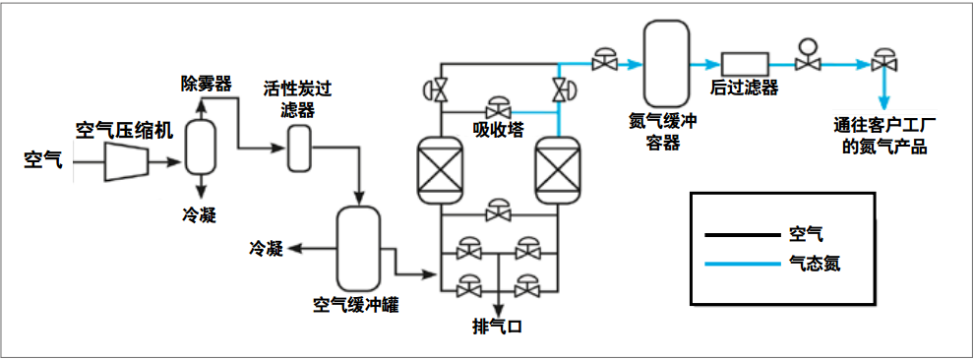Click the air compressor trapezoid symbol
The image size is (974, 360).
[129, 159]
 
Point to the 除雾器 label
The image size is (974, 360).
[206, 84]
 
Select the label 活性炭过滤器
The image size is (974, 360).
[297, 98]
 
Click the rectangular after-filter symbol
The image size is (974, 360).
[744, 64]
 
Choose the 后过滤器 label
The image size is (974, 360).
[744, 90]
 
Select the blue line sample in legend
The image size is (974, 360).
[740, 263]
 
